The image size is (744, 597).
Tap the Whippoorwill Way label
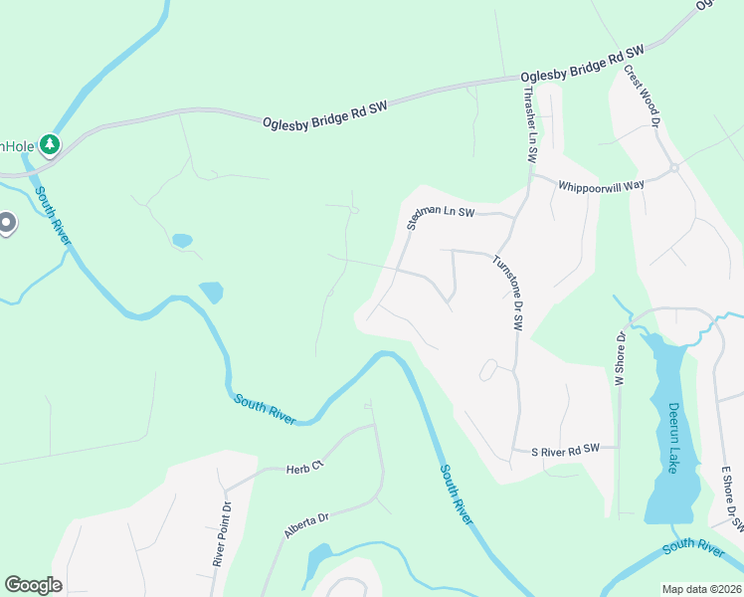[x=601, y=185]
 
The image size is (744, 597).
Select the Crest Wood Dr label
[x=642, y=97]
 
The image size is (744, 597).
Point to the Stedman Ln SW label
[x=442, y=216]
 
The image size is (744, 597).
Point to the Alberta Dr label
[x=306, y=525]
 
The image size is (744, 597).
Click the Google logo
[x=33, y=585]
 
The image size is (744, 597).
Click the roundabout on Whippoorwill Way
[x=674, y=168]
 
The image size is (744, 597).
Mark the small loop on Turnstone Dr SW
[x=487, y=370]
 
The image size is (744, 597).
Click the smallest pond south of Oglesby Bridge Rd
[x=181, y=241]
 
